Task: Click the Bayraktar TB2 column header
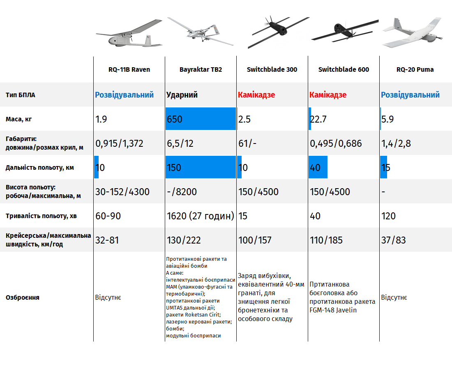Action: [x=201, y=70]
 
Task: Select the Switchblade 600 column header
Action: [x=344, y=70]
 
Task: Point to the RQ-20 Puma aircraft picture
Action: [x=412, y=33]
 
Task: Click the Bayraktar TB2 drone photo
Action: [x=201, y=32]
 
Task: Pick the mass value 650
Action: [x=175, y=119]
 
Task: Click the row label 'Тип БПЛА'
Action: [x=21, y=95]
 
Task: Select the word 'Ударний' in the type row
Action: [x=182, y=95]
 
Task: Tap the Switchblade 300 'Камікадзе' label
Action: [x=256, y=95]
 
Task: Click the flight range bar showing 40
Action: [x=318, y=168]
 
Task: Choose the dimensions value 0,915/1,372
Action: [x=120, y=143]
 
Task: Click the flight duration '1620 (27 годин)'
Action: [x=201, y=216]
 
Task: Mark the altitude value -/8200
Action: [x=182, y=192]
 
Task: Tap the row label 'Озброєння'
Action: [x=23, y=297]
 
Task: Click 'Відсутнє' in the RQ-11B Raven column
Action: [x=108, y=297]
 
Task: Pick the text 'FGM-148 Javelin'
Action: [x=333, y=310]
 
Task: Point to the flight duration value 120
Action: [x=388, y=216]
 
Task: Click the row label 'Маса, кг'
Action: [x=19, y=119]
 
